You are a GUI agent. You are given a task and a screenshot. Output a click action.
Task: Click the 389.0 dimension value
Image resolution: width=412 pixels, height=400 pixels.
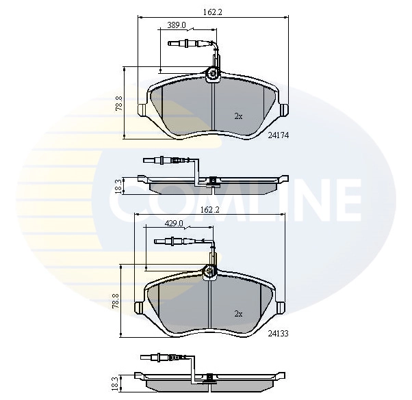point(177,25)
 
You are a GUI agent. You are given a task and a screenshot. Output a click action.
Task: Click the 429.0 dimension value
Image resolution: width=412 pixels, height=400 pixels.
point(174,223)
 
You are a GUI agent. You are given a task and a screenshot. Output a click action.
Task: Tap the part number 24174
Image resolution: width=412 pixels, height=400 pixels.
point(278,135)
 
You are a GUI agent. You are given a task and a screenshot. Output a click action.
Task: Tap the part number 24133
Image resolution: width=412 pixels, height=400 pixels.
point(276,334)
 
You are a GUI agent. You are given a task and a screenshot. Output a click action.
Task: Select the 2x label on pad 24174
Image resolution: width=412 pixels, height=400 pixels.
point(238,116)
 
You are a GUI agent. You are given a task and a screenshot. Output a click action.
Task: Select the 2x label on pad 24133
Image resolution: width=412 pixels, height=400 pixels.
point(238,314)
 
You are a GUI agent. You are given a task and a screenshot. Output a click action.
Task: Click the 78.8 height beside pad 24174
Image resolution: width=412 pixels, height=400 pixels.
point(119,103)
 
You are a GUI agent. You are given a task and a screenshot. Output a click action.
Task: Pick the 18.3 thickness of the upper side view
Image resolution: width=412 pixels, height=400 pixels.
point(118,186)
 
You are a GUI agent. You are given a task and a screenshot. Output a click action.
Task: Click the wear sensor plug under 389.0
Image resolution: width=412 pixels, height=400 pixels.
point(184,44)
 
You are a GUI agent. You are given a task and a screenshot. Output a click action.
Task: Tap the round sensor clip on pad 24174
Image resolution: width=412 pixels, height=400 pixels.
point(213,74)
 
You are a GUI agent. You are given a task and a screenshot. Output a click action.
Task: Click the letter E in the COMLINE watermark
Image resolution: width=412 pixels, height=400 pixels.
point(344,198)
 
